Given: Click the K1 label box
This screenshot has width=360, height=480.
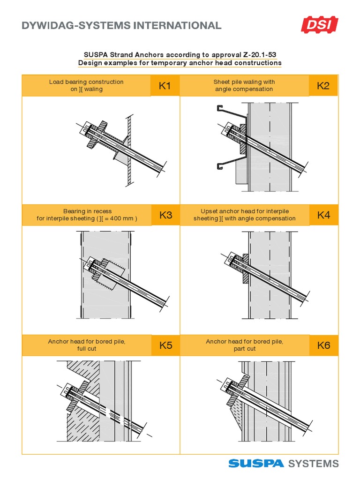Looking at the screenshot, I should pos(165,85).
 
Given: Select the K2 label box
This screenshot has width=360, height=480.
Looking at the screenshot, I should pos(323,85).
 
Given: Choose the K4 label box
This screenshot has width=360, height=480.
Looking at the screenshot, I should pos(323,215).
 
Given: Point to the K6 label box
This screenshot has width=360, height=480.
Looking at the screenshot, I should pos(323,345).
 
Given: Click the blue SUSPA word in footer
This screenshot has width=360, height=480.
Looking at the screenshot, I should pos(256,464).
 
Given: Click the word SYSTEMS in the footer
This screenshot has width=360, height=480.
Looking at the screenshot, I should pos(314,464).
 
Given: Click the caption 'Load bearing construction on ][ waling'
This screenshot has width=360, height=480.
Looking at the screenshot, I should pos(87,85).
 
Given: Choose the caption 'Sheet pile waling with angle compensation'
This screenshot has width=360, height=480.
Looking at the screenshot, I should pos(244,85).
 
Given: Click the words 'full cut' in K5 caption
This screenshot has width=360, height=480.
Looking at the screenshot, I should pos(87,349).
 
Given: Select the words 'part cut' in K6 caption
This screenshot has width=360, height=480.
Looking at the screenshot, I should pos(244,349).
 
